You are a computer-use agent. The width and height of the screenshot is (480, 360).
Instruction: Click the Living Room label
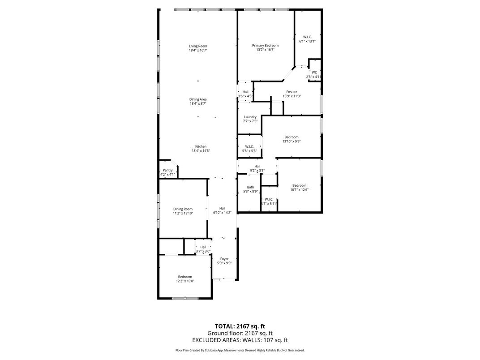[197, 46]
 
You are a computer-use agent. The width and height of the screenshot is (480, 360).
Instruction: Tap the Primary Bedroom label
[265, 45]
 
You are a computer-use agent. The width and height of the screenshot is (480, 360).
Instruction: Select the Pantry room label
[167, 170]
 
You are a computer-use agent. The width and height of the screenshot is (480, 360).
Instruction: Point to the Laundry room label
[250, 117]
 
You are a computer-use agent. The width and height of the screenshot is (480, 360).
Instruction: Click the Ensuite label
[291, 92]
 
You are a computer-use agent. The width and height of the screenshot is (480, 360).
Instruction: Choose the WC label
[314, 73]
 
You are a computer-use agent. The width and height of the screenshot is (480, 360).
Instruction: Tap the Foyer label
[224, 259]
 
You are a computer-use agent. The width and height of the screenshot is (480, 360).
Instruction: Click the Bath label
[250, 187]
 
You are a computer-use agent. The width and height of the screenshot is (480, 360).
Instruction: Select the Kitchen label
[200, 146]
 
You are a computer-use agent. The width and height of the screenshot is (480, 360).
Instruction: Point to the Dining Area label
[197, 99]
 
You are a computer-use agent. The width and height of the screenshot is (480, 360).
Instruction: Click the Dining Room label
[183, 209]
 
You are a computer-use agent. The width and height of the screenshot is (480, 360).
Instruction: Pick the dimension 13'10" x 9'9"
[291, 141]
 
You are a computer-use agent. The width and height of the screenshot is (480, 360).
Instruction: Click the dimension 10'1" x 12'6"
[299, 190]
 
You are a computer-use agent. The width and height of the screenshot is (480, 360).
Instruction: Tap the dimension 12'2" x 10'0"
[184, 281]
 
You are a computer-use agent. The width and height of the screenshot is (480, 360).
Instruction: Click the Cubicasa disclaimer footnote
[240, 350]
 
